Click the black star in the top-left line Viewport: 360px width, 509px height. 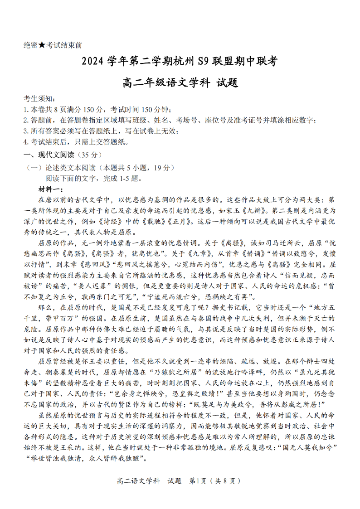42,45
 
